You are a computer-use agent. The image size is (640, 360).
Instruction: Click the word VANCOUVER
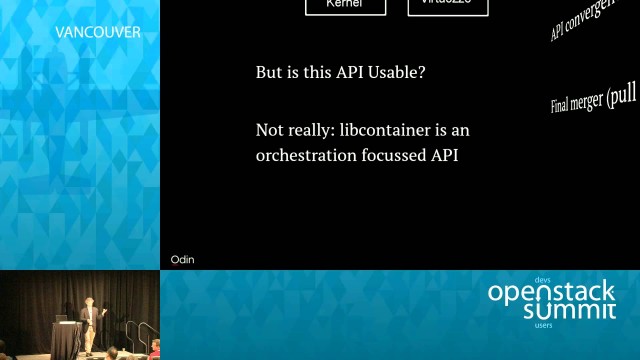click(98, 32)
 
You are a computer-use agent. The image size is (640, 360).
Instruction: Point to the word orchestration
click(306, 155)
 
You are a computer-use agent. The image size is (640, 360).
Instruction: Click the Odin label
click(182, 260)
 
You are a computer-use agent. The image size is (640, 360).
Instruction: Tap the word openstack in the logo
click(552, 293)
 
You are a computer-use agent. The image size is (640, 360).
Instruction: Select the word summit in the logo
click(570, 311)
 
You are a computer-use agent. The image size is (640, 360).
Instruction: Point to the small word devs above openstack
click(543, 279)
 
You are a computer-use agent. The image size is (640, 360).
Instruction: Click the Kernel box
click(345, 5)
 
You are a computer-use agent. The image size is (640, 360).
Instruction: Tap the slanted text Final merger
click(593, 98)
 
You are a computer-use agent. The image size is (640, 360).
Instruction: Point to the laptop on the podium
click(62, 317)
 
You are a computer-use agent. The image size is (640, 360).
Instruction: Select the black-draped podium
click(65, 338)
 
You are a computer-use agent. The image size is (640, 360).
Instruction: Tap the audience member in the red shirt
click(155, 349)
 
